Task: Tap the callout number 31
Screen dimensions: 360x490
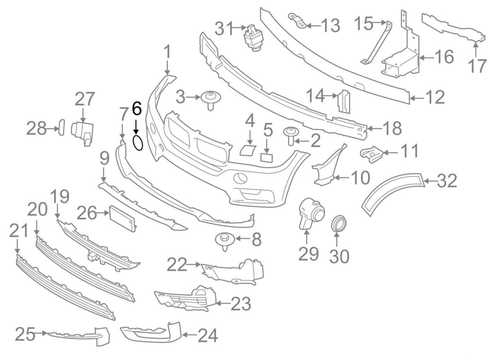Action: point(226,29)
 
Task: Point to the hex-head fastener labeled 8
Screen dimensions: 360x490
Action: point(224,240)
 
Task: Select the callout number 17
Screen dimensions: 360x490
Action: point(477,65)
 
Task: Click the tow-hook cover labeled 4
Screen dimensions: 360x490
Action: point(248,149)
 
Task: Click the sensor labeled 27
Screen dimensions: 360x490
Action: point(84,131)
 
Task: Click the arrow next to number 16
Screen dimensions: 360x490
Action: point(424,57)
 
